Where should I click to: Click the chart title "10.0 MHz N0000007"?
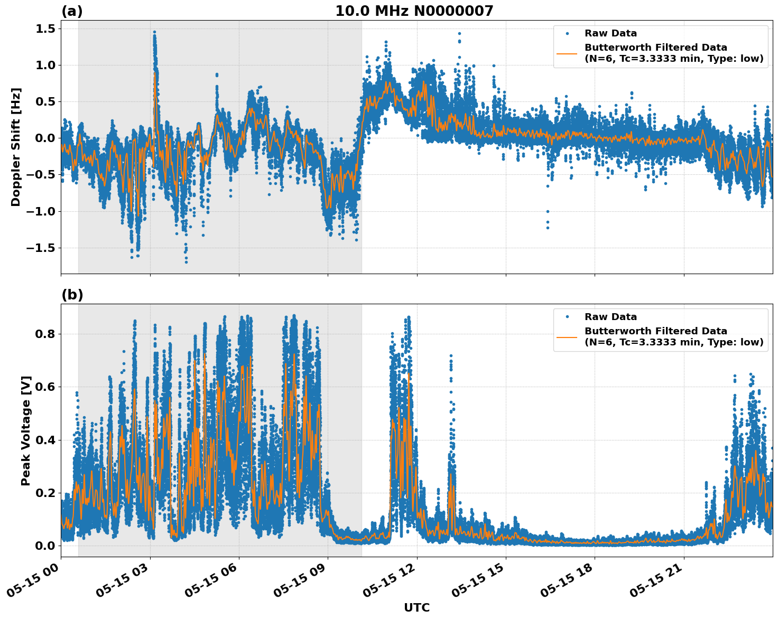[x=414, y=11]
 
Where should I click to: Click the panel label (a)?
[x=72, y=11]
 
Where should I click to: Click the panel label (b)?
[x=72, y=295]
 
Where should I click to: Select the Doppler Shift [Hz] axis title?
[x=16, y=147]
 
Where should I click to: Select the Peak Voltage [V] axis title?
[x=26, y=430]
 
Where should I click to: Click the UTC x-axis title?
[x=416, y=607]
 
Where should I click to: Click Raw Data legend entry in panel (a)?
[x=610, y=33]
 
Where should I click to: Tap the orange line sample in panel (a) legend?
[x=567, y=53]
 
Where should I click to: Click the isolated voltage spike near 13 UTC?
[x=451, y=357]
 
